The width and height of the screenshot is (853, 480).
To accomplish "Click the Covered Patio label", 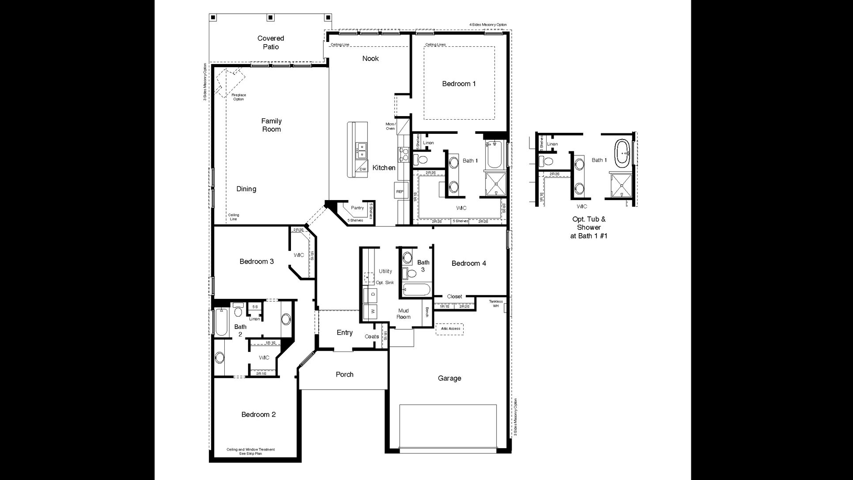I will click(x=271, y=42).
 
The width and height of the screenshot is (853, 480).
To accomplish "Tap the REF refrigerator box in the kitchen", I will click(x=400, y=192).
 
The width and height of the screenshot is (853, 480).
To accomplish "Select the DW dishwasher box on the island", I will click(x=362, y=169).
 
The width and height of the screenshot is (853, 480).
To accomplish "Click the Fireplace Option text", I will click(x=238, y=97).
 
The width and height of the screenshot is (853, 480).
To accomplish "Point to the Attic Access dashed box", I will click(x=450, y=329).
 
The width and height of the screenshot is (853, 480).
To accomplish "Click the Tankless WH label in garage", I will click(x=495, y=303).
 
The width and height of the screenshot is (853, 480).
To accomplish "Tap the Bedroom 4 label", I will click(x=468, y=263).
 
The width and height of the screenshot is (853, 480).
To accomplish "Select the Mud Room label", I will click(x=403, y=314).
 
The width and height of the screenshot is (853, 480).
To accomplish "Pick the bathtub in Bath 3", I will click(x=416, y=290).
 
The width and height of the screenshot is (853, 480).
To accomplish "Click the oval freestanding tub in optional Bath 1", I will click(x=623, y=153).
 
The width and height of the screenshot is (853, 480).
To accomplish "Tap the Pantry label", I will click(x=357, y=208).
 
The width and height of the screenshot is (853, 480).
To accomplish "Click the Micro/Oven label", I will click(x=390, y=126).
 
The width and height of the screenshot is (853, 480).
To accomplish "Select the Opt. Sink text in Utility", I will click(x=385, y=283).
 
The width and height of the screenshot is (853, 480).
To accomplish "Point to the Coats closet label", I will click(x=372, y=336).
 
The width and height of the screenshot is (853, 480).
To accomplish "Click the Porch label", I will click(x=344, y=374).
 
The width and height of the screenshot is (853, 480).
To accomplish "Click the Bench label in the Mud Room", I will click(x=427, y=312).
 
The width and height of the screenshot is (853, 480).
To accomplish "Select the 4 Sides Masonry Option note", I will click(x=487, y=25).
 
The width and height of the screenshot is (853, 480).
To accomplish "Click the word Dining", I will click(x=246, y=189).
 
